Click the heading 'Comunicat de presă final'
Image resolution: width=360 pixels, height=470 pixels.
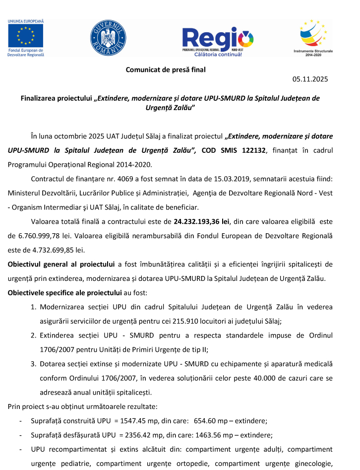tap(166, 70)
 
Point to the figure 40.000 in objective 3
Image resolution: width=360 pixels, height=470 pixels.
tap(269, 378)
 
